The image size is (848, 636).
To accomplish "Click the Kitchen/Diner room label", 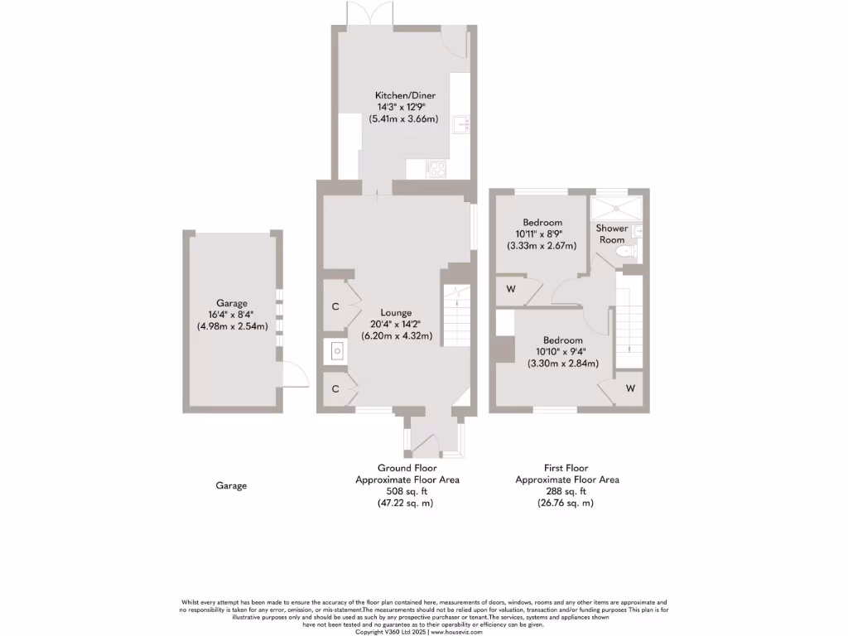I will click(405, 96).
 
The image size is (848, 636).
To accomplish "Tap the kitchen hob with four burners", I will click(436, 169).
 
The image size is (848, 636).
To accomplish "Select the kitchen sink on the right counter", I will click(461, 125).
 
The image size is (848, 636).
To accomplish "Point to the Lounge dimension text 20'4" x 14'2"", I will click(396, 325).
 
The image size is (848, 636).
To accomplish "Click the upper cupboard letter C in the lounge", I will click(335, 306).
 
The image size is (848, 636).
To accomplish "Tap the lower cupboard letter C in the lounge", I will click(335, 388).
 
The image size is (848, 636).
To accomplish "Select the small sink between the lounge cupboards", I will click(337, 351).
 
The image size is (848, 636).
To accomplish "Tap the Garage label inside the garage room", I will click(232, 303).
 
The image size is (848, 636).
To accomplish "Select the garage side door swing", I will click(290, 378).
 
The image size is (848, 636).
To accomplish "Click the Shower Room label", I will click(612, 234).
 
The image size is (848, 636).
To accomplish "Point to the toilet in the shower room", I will click(633, 248).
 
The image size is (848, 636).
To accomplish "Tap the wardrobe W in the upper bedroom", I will click(511, 289).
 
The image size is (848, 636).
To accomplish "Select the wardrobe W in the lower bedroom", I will click(630, 388).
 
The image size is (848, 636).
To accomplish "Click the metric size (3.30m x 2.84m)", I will click(562, 363).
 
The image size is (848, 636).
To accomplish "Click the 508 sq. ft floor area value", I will click(407, 491).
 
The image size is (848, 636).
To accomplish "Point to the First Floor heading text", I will click(566, 468).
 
